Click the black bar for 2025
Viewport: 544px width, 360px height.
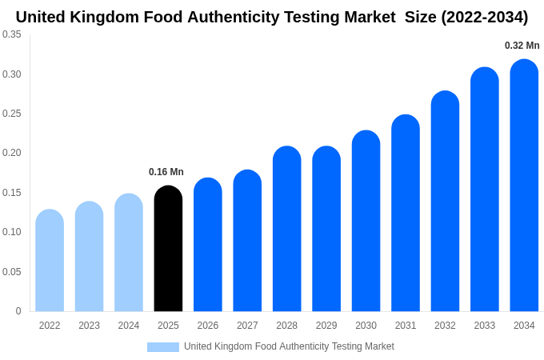[x=168, y=249]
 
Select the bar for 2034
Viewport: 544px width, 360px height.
[x=524, y=186]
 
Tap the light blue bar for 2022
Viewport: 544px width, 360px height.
[x=50, y=261]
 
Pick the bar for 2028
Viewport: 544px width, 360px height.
[x=287, y=229]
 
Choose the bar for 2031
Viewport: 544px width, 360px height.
[x=406, y=214]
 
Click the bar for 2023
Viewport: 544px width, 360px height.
[x=89, y=257]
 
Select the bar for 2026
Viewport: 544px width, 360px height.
[x=208, y=245]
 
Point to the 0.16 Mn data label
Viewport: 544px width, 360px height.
[x=166, y=172]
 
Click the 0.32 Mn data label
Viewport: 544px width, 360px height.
[x=522, y=46]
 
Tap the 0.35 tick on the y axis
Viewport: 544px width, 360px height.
[x=12, y=34]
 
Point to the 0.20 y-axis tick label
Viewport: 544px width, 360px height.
[x=12, y=153]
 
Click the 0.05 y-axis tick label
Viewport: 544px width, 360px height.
[x=12, y=272]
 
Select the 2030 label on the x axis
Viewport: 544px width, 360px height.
[x=366, y=326]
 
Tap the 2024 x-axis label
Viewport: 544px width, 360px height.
[x=129, y=326]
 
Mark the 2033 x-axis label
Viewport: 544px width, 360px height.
[x=485, y=326]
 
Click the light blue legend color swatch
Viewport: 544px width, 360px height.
[x=163, y=347]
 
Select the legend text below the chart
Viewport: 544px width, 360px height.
[x=289, y=346]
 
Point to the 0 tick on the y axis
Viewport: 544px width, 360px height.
[x=18, y=311]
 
